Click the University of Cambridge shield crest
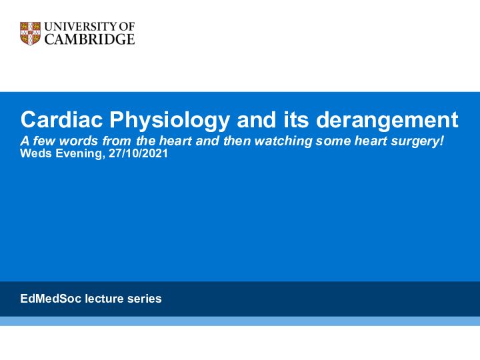(30, 33)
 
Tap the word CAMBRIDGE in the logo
(90, 39)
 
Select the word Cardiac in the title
(61, 119)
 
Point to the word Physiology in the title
(169, 120)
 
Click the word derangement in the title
(387, 120)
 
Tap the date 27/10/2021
(138, 153)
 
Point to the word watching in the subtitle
(283, 141)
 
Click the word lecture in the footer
(105, 299)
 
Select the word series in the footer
(145, 299)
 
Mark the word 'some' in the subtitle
(333, 141)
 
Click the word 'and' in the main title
(256, 119)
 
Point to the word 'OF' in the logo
(127, 27)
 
